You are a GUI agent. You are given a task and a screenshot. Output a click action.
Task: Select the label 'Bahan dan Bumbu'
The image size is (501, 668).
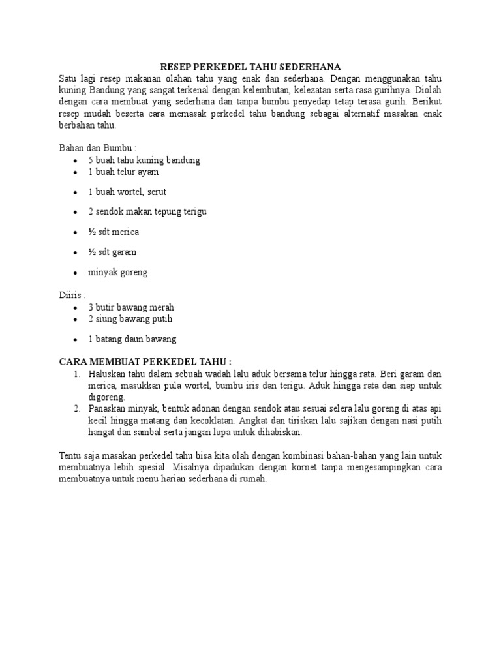click(x=96, y=148)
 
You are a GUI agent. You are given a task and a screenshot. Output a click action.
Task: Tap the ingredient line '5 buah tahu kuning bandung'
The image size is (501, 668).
click(x=144, y=160)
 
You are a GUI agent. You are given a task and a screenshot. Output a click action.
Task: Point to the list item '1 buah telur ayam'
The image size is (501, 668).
click(x=123, y=172)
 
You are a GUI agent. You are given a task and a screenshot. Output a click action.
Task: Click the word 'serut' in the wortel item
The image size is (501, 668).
click(x=173, y=192)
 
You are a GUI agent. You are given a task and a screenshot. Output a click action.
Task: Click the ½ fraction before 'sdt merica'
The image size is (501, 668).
click(x=92, y=232)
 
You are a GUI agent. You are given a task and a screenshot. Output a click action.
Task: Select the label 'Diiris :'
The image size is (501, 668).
click(x=72, y=295)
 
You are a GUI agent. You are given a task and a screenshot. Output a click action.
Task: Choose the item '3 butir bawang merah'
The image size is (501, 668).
click(x=131, y=307)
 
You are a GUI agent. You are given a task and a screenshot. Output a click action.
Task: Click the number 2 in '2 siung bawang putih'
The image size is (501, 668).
click(x=91, y=319)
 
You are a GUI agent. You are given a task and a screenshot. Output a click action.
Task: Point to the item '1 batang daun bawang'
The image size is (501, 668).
click(x=132, y=339)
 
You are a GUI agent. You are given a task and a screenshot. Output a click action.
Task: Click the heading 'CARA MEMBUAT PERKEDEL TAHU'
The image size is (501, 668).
click(x=145, y=361)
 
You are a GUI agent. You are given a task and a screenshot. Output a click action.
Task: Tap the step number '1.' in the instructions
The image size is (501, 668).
click(x=77, y=374)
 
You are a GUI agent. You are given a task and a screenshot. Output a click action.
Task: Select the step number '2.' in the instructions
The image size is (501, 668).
click(x=77, y=408)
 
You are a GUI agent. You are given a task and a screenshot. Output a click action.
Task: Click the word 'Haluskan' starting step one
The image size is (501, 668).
click(x=108, y=374)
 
